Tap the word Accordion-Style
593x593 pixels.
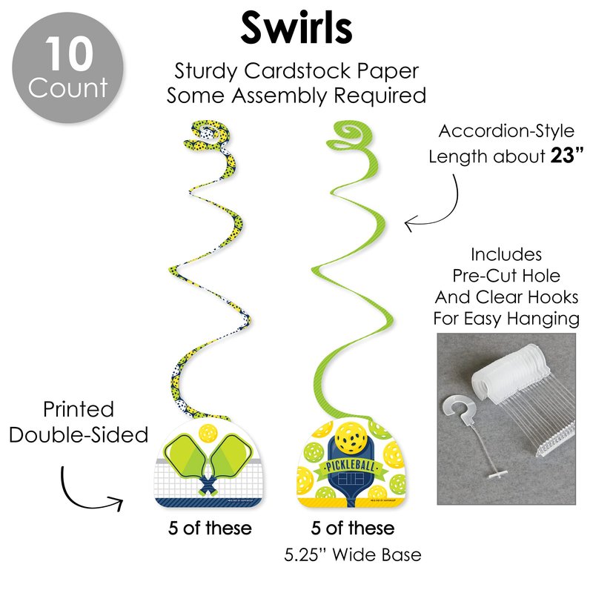tap(506, 132)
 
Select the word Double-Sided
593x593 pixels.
tap(79, 435)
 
